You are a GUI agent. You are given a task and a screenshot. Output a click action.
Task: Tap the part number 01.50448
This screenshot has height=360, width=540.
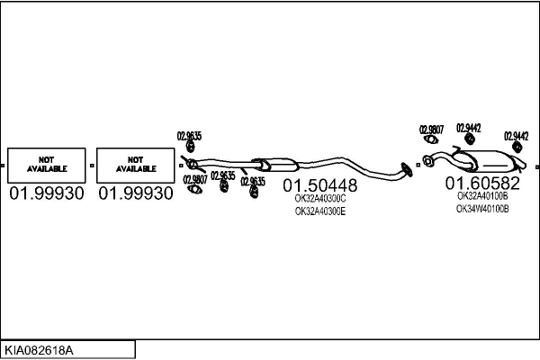(x=320, y=186)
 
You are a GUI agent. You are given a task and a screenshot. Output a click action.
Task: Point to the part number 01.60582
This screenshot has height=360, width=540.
(x=482, y=183)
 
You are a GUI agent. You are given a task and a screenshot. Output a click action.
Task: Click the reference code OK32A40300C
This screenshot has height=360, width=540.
(x=320, y=199)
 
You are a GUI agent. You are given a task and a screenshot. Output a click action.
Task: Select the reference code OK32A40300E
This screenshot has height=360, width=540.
(x=320, y=211)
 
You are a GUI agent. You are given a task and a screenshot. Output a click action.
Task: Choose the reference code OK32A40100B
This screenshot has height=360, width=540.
(x=482, y=195)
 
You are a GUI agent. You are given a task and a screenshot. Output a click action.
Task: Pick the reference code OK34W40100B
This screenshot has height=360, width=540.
(x=482, y=208)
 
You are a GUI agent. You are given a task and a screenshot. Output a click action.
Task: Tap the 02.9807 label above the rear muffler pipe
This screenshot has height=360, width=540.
(x=431, y=130)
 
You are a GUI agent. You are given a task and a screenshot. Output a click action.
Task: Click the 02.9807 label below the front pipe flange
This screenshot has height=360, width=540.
(x=195, y=179)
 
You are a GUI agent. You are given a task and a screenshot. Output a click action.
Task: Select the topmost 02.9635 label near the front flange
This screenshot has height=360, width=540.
(x=189, y=136)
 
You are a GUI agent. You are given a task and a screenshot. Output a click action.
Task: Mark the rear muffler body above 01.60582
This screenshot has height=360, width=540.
(x=491, y=164)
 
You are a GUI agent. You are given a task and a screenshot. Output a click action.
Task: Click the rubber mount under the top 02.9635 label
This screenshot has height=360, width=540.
(x=190, y=148)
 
